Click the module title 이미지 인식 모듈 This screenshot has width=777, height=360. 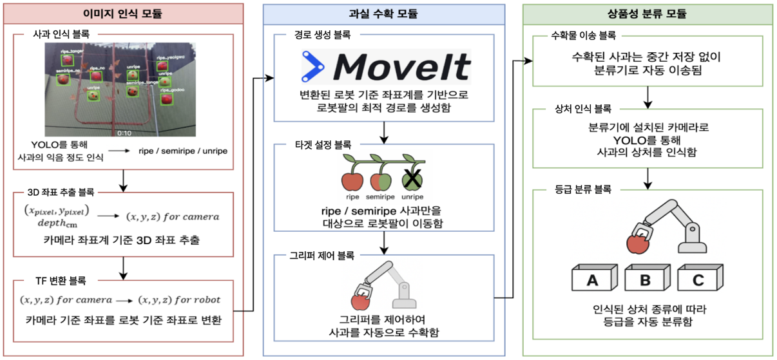pyautogui.click(x=123, y=13)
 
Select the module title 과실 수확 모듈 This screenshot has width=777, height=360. pyautogui.click(x=384, y=13)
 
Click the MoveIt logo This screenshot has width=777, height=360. pyautogui.click(x=386, y=67)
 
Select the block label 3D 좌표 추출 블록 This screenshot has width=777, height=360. pyautogui.click(x=63, y=192)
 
